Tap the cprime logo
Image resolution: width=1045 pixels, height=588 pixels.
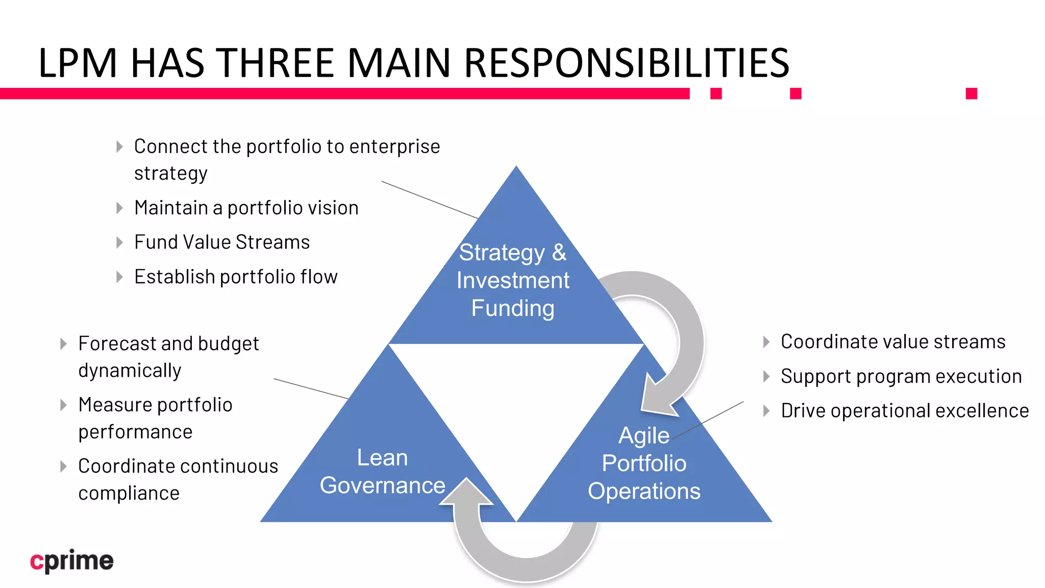click(x=71, y=561)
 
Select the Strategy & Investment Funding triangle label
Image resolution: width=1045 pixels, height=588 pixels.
click(x=513, y=280)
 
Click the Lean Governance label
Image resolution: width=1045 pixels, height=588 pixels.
click(x=382, y=471)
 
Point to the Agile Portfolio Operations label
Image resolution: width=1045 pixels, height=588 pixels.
click(x=644, y=463)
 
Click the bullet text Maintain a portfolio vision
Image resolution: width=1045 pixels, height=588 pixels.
click(x=246, y=208)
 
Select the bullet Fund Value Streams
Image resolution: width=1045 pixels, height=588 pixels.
click(x=221, y=242)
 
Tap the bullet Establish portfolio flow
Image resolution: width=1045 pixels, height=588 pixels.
click(x=236, y=277)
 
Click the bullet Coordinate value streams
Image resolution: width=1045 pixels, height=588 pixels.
click(x=892, y=341)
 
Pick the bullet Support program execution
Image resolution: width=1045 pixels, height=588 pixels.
click(x=901, y=376)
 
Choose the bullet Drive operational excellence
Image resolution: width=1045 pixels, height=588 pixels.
click(x=904, y=410)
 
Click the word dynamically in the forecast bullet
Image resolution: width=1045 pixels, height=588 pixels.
click(x=130, y=371)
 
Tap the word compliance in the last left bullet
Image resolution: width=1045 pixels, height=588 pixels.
click(x=129, y=493)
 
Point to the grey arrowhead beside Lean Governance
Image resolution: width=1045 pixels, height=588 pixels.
click(x=466, y=493)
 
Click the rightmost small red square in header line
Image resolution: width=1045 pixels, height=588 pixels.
click(x=971, y=93)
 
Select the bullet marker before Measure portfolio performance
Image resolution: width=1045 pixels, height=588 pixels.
click(x=63, y=405)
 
